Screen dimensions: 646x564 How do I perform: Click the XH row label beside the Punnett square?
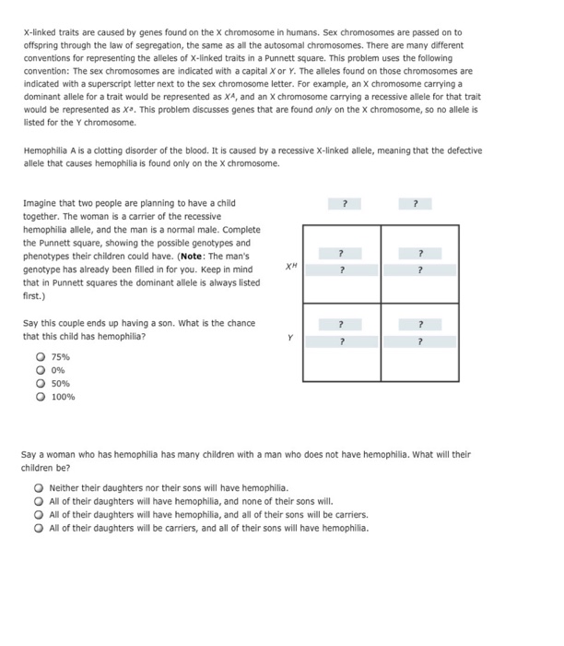[x=291, y=265]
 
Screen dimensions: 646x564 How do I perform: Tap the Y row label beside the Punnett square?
[x=291, y=338]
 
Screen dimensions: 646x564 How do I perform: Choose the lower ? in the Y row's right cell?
[x=419, y=341]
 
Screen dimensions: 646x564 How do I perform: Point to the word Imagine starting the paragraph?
[x=40, y=203]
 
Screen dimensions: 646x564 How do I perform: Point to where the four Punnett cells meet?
[x=381, y=302]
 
